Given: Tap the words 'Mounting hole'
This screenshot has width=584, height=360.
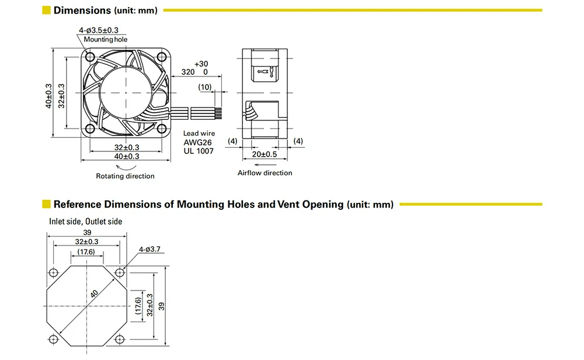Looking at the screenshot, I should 105,40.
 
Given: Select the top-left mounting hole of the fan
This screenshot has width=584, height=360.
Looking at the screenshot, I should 89,56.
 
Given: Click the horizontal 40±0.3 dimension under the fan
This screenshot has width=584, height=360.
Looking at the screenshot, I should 127,157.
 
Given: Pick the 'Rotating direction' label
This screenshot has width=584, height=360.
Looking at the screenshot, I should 126,176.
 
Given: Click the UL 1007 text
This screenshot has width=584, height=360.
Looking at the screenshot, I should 198,151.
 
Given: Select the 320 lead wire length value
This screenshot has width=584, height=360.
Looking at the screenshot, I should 187,72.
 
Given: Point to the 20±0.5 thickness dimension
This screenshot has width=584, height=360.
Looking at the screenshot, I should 264,154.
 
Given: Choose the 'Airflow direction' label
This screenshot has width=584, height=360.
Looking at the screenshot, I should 265,173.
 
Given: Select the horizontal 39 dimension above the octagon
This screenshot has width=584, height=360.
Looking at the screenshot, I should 87,232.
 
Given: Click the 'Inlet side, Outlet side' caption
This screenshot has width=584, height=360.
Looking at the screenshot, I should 85,221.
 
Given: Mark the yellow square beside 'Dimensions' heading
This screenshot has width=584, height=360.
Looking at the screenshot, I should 46,11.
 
